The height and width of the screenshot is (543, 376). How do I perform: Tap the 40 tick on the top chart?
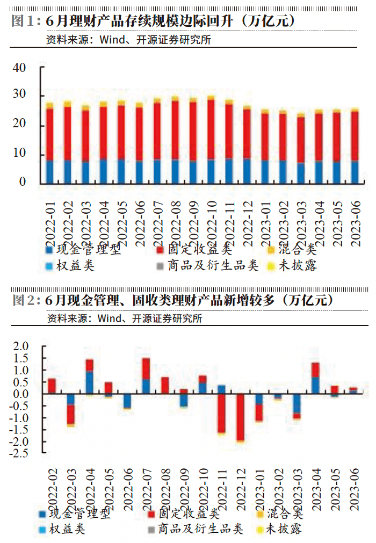click(19, 68)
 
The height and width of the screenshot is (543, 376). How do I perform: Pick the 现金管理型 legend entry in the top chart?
click(83, 249)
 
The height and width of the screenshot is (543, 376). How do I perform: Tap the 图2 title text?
click(172, 300)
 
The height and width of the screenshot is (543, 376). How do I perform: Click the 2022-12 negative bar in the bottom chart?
click(240, 418)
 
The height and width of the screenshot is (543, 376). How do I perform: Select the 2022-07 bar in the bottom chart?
click(146, 376)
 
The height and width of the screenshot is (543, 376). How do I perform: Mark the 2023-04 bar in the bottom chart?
click(315, 378)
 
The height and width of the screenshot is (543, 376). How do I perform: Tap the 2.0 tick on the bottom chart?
click(20, 346)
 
